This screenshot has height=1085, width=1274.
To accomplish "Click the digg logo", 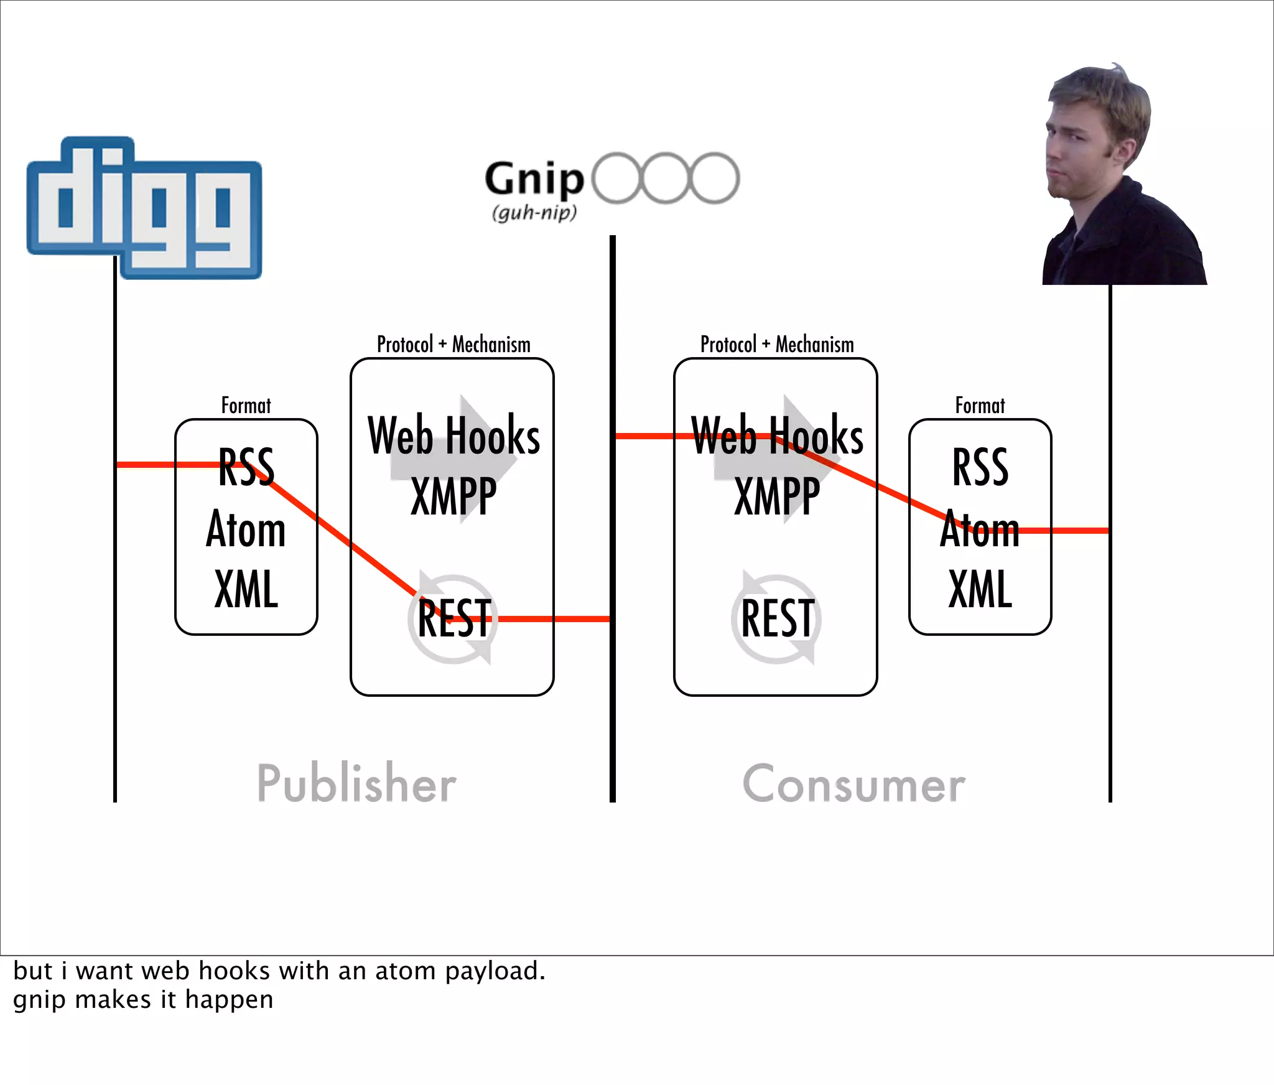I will [x=144, y=207].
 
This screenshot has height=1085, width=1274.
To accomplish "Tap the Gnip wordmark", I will [x=534, y=179].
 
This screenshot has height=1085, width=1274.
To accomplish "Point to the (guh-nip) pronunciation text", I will [x=534, y=213].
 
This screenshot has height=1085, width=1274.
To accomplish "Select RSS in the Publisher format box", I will [x=246, y=467].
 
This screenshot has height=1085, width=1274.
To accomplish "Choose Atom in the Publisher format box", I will [x=246, y=529].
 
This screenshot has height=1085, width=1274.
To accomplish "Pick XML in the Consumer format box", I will [x=980, y=589].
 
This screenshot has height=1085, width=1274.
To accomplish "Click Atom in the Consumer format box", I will [x=980, y=529].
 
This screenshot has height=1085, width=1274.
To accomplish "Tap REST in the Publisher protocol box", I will [x=454, y=618].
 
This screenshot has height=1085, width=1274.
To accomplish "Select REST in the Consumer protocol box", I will [x=778, y=618].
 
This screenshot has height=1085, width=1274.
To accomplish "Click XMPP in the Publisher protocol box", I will [x=454, y=496].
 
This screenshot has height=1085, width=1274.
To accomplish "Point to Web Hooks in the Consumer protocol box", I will [x=778, y=435].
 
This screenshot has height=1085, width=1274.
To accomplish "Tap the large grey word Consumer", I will [x=854, y=784].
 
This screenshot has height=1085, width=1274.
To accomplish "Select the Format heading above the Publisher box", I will [x=246, y=406].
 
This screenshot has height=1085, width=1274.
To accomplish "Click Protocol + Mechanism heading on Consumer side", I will [x=777, y=344].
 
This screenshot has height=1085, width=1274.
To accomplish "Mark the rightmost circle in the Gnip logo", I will [x=715, y=178].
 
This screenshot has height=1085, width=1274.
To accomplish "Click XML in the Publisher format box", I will [x=246, y=589].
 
